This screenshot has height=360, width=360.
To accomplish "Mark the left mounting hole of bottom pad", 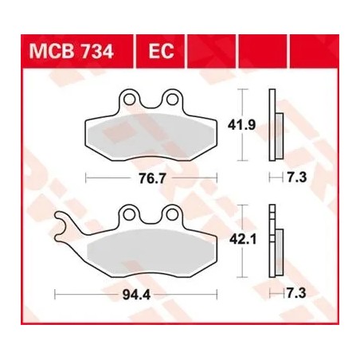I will click(128, 215).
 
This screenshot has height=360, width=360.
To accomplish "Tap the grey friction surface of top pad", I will click(149, 135).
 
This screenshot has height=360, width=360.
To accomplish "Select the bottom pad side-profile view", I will click(276, 242).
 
